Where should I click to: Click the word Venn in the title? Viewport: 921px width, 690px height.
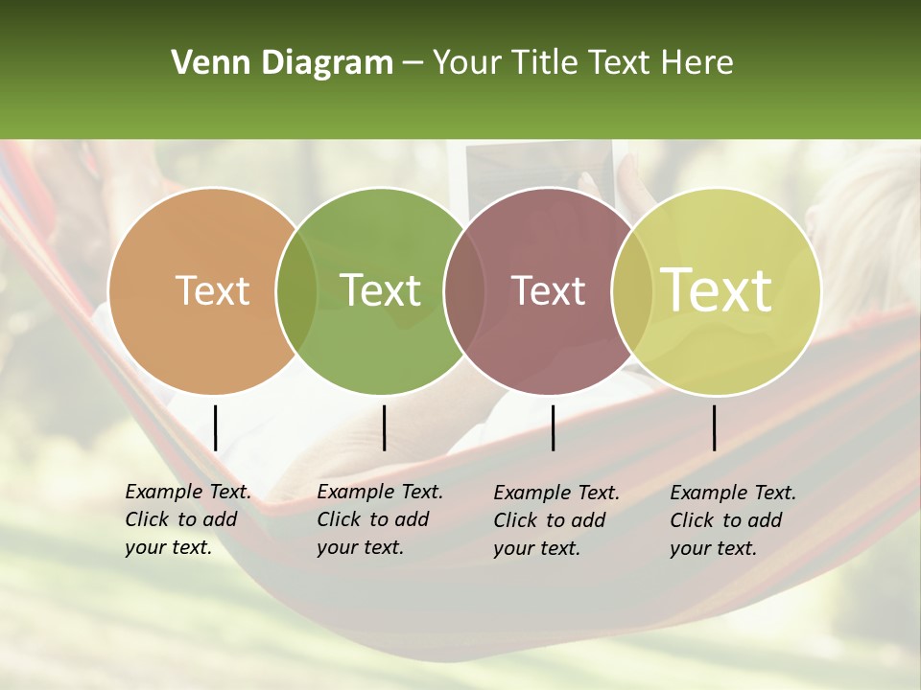207,63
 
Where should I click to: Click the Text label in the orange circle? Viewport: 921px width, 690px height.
212,290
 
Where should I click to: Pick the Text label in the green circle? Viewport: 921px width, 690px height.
381,290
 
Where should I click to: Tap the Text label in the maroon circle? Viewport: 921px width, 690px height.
549,290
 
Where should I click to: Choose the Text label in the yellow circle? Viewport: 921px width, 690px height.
717,290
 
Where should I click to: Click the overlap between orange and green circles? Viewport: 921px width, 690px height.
296,291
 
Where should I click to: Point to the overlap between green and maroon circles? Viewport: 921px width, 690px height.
464,291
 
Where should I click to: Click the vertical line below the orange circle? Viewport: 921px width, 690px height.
216,427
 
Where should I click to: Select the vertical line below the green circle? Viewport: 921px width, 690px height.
384,427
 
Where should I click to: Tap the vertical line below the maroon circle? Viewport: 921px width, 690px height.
553,427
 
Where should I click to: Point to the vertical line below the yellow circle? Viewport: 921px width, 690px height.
715,427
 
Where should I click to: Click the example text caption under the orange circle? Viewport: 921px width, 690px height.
188,519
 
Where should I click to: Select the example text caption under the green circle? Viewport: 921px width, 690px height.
380,519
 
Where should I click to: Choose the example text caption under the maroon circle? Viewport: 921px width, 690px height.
556,520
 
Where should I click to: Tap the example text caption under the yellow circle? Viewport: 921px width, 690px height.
733,520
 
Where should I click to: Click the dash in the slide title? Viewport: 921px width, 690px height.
413,64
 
